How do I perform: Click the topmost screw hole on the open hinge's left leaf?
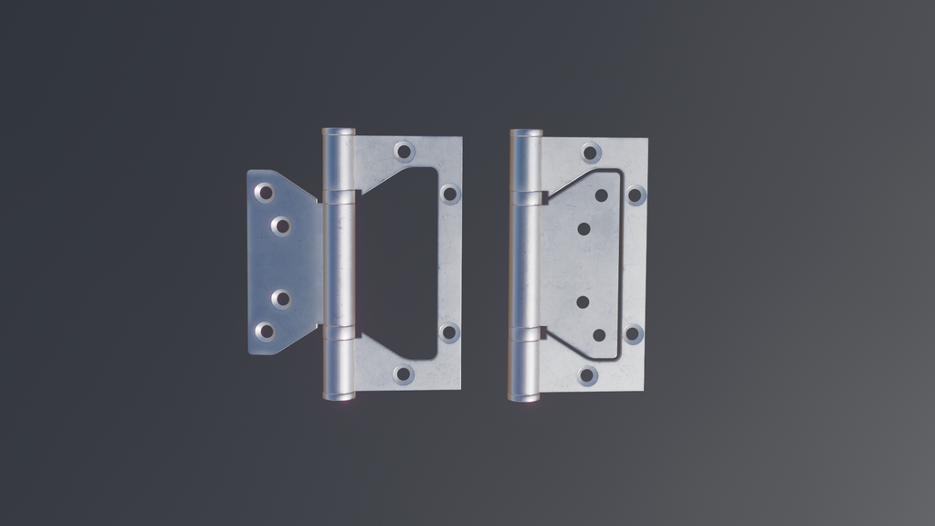point(264,193)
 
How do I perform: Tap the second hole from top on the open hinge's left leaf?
point(281,226)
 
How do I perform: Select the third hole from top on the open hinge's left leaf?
point(281,299)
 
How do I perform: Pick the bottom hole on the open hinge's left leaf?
point(265,331)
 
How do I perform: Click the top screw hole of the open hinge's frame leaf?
point(404,151)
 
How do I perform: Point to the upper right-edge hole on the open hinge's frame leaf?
point(449,194)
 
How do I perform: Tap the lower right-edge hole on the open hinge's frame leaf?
point(448,332)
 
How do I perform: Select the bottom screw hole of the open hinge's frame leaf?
point(403,373)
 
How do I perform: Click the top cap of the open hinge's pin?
point(339,131)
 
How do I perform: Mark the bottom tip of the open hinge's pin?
point(338,397)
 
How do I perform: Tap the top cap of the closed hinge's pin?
point(526,132)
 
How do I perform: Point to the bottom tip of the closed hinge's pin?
point(524,398)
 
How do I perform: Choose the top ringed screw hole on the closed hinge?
point(591,153)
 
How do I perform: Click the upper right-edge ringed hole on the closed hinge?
point(636,195)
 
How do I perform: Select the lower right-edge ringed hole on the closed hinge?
point(634,333)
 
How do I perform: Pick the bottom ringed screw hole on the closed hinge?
point(588,375)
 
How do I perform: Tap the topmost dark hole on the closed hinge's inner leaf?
point(601,195)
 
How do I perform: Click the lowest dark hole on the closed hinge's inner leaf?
point(599,335)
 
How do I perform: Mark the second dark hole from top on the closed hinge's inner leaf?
point(583,228)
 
